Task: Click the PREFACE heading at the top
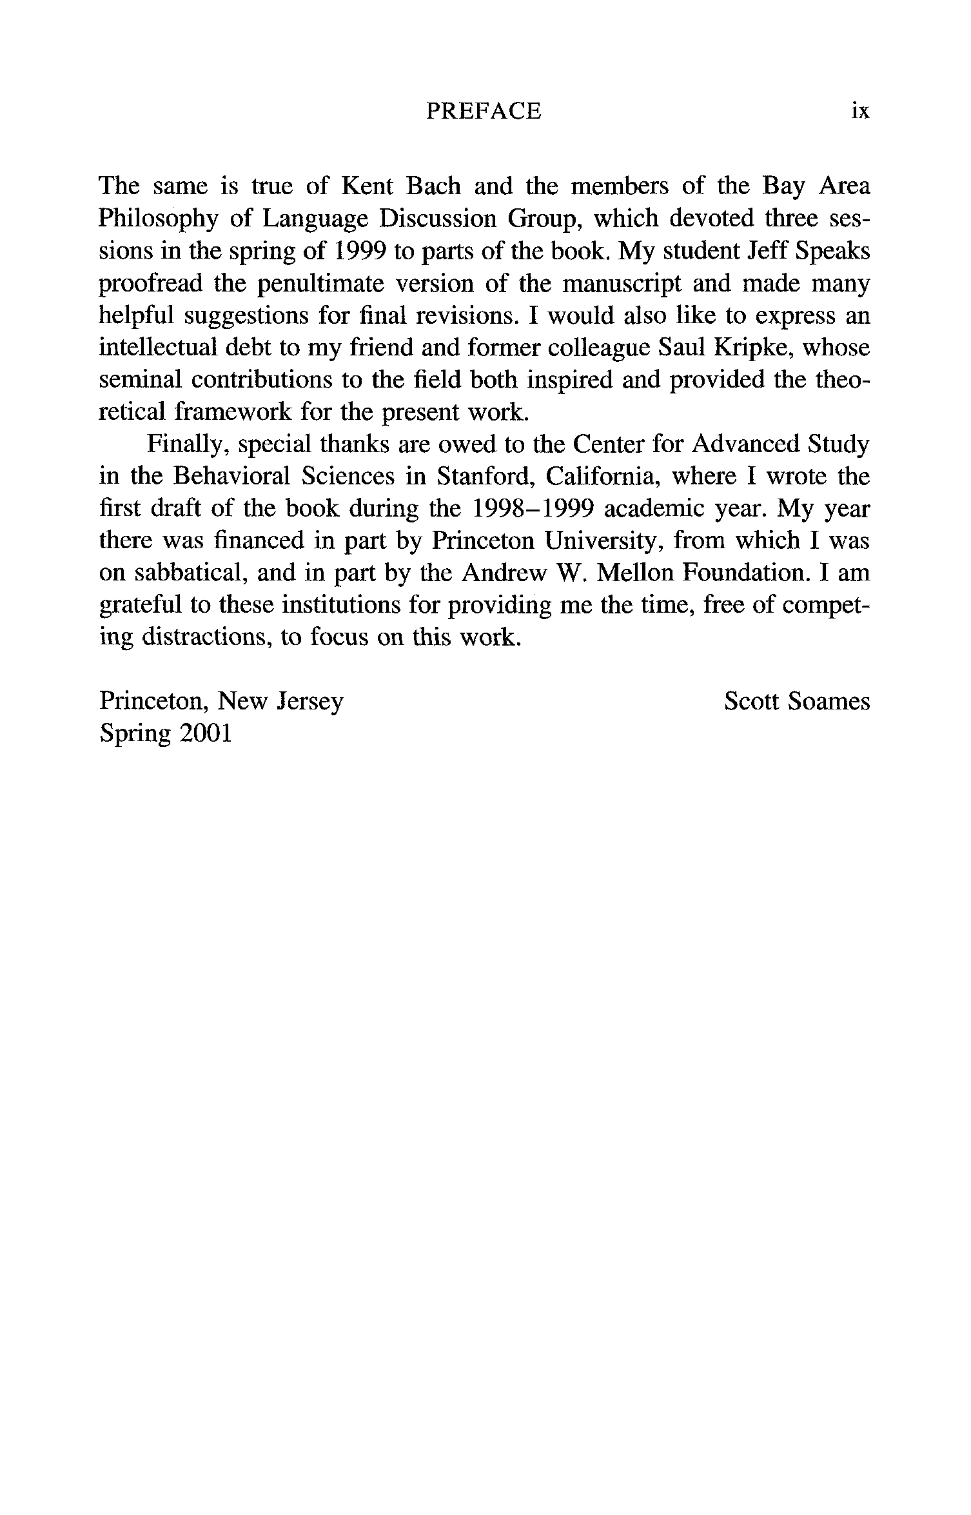[484, 112]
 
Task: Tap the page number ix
[860, 112]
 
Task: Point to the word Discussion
[437, 219]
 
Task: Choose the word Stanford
[486, 477]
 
